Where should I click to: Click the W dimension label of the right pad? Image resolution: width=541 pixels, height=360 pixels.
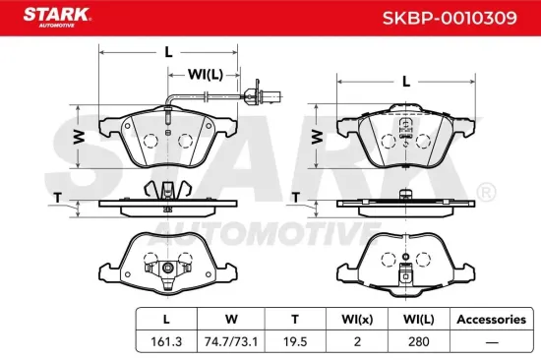(318, 136)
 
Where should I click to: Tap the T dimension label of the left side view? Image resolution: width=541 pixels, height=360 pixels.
(58, 198)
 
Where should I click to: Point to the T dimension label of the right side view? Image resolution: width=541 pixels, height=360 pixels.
(296, 198)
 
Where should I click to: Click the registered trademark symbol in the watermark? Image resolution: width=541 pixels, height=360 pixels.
(485, 189)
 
